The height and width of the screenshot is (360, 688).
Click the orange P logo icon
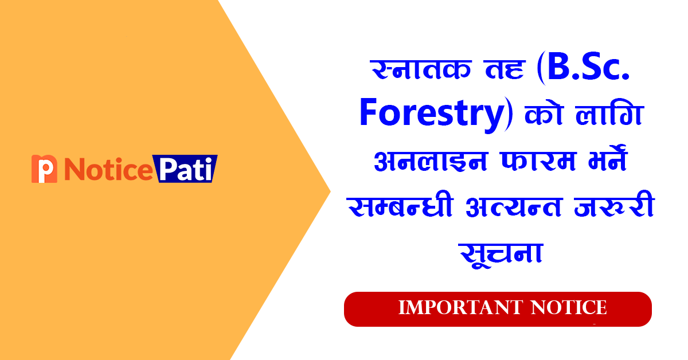pos(44,169)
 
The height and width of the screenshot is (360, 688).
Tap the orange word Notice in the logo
pos(108,169)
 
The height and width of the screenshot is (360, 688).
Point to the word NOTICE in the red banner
pos(569,307)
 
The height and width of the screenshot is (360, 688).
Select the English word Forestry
pos(432,113)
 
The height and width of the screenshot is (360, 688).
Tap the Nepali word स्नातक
pos(421,69)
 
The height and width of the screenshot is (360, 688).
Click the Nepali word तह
pos(505,69)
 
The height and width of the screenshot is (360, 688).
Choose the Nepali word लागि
pos(609,112)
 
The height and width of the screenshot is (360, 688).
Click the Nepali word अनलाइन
pos(431,160)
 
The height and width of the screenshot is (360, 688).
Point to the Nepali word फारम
pos(538,160)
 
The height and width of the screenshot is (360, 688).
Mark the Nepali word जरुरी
pos(614,204)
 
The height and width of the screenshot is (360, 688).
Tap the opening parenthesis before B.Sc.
pos(541,71)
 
